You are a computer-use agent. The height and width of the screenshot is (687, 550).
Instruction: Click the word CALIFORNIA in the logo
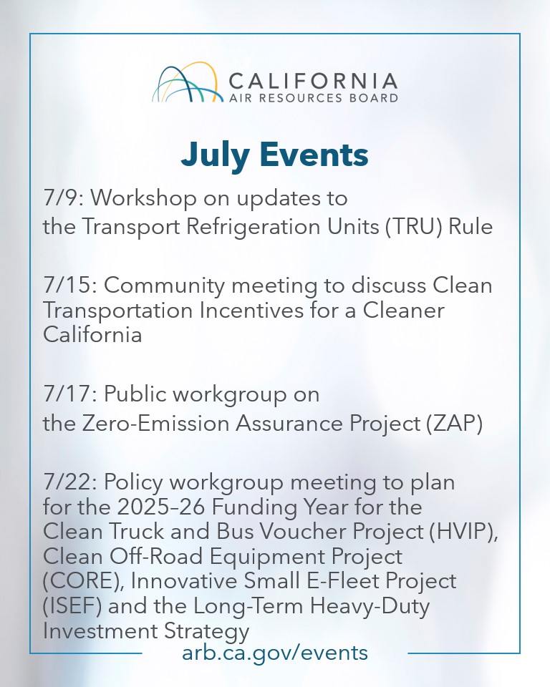313,79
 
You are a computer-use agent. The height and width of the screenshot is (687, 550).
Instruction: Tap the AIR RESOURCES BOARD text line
313,98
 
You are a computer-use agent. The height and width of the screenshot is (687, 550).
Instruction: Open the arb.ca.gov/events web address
275,653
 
